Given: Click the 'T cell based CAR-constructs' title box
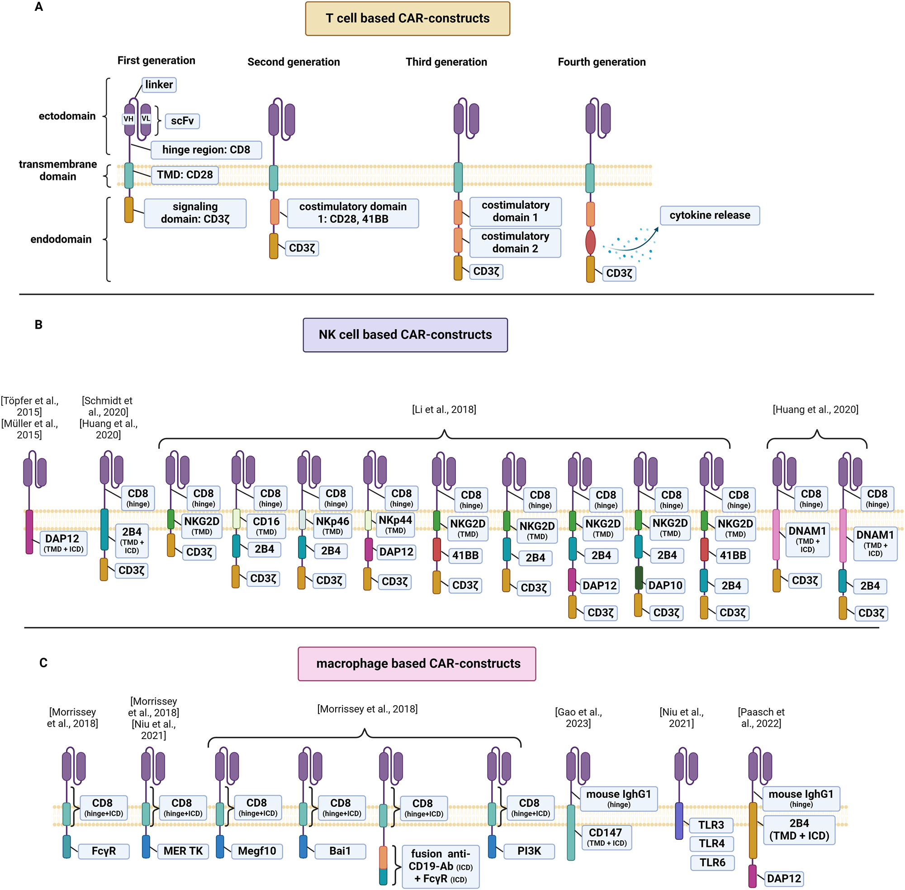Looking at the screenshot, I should tap(407, 19).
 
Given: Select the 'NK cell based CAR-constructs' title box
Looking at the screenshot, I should tap(405, 334).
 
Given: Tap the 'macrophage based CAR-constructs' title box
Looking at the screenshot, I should tap(417, 663).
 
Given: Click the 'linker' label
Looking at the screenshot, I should tap(159, 85).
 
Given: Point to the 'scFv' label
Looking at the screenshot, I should tap(182, 121).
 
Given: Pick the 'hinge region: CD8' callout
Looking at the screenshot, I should tap(206, 150).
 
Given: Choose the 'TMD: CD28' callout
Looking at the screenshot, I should tap(184, 175).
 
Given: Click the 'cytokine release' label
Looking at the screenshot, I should tap(709, 216).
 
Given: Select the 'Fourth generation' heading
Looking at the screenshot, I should tap(602, 62).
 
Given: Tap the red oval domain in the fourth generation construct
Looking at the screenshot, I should tap(590, 242).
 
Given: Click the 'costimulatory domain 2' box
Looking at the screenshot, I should tap(515, 243).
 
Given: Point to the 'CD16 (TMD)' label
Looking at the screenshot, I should tap(266, 525).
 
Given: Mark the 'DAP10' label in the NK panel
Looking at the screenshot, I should tap(665, 585).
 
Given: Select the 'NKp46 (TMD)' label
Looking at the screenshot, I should tap(332, 525).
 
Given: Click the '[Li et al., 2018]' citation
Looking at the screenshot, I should tap(444, 410).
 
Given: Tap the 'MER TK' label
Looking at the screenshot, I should tap(183, 851).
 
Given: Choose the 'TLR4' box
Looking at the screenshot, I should tap(711, 843).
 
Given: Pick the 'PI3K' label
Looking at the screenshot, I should tap(529, 851).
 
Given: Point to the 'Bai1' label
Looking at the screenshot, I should tap(340, 851).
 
